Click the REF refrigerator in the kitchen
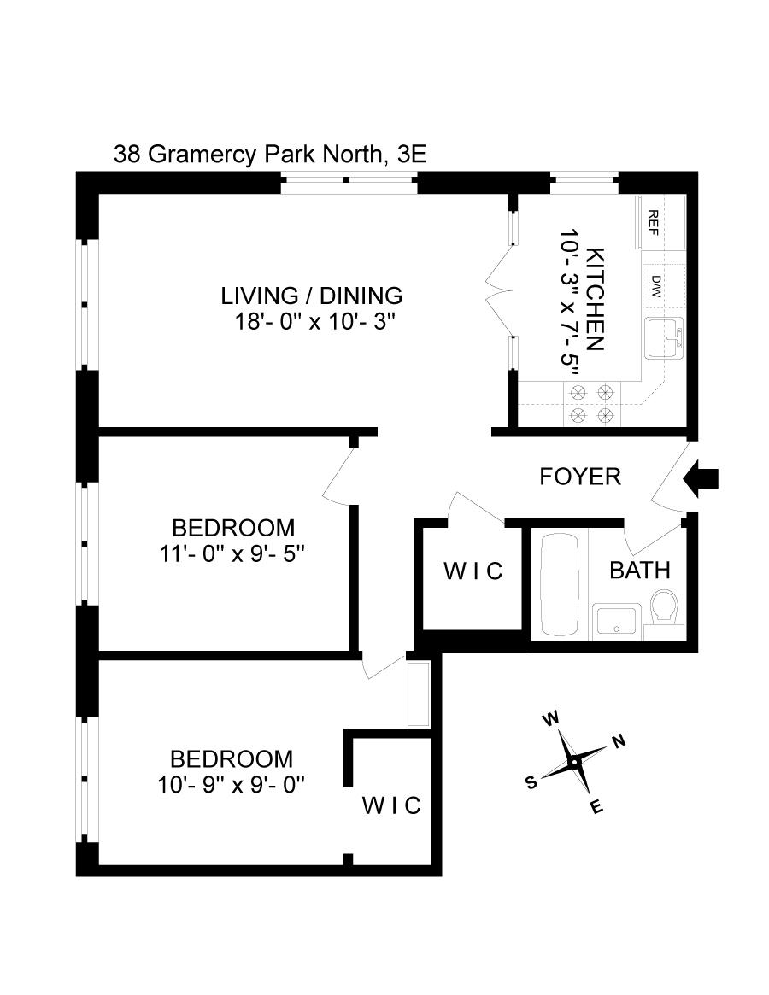(660, 221)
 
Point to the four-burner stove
(592, 403)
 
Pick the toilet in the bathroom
(664, 613)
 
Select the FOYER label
(580, 477)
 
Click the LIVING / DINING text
(311, 296)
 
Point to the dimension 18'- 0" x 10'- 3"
(317, 322)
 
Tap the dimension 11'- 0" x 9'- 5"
(233, 553)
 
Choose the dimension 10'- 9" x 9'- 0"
(232, 784)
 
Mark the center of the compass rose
(575, 762)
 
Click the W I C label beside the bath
(473, 571)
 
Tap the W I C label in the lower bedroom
(391, 805)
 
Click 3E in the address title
(409, 155)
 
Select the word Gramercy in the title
(203, 155)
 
